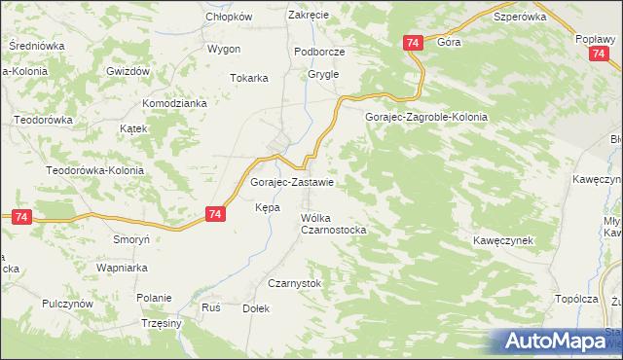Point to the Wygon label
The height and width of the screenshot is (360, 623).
[223, 49]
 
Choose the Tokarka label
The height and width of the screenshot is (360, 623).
[248, 79]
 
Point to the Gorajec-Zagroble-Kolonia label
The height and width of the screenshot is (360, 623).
[425, 117]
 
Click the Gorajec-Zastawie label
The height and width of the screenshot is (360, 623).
[293, 182]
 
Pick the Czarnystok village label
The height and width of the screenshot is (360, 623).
[294, 283]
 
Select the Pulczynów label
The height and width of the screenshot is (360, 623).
[67, 304]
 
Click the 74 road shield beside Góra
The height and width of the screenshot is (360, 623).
[413, 43]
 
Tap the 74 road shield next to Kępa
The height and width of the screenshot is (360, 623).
[216, 214]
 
